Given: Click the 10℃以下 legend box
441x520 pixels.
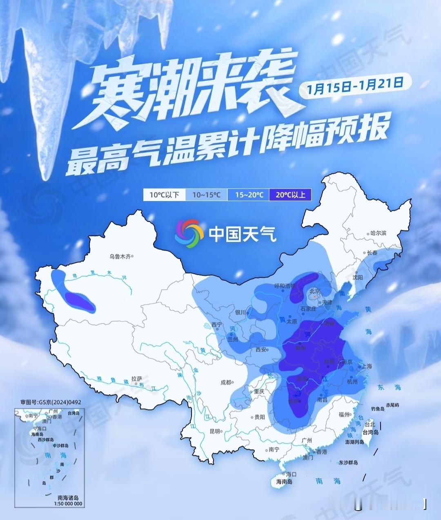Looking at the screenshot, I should [164, 195].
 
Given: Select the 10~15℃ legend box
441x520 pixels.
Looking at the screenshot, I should [206, 195].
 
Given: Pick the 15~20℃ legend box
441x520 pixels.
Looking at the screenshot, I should [248, 195].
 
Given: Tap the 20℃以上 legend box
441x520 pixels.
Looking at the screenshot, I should [290, 195].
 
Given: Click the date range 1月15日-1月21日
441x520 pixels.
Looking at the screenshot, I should [353, 87].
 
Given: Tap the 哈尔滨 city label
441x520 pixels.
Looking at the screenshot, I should [378, 233].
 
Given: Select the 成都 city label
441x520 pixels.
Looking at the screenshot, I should [226, 383].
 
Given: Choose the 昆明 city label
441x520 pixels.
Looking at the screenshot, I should [215, 431].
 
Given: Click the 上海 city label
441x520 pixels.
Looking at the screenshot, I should [367, 366].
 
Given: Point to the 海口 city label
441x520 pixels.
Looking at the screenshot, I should [291, 474].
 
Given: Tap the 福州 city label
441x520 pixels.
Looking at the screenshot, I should [344, 414].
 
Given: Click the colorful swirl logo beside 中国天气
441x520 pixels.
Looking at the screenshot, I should [189, 234].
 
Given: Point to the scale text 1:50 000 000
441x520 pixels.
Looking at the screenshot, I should [67, 504].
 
